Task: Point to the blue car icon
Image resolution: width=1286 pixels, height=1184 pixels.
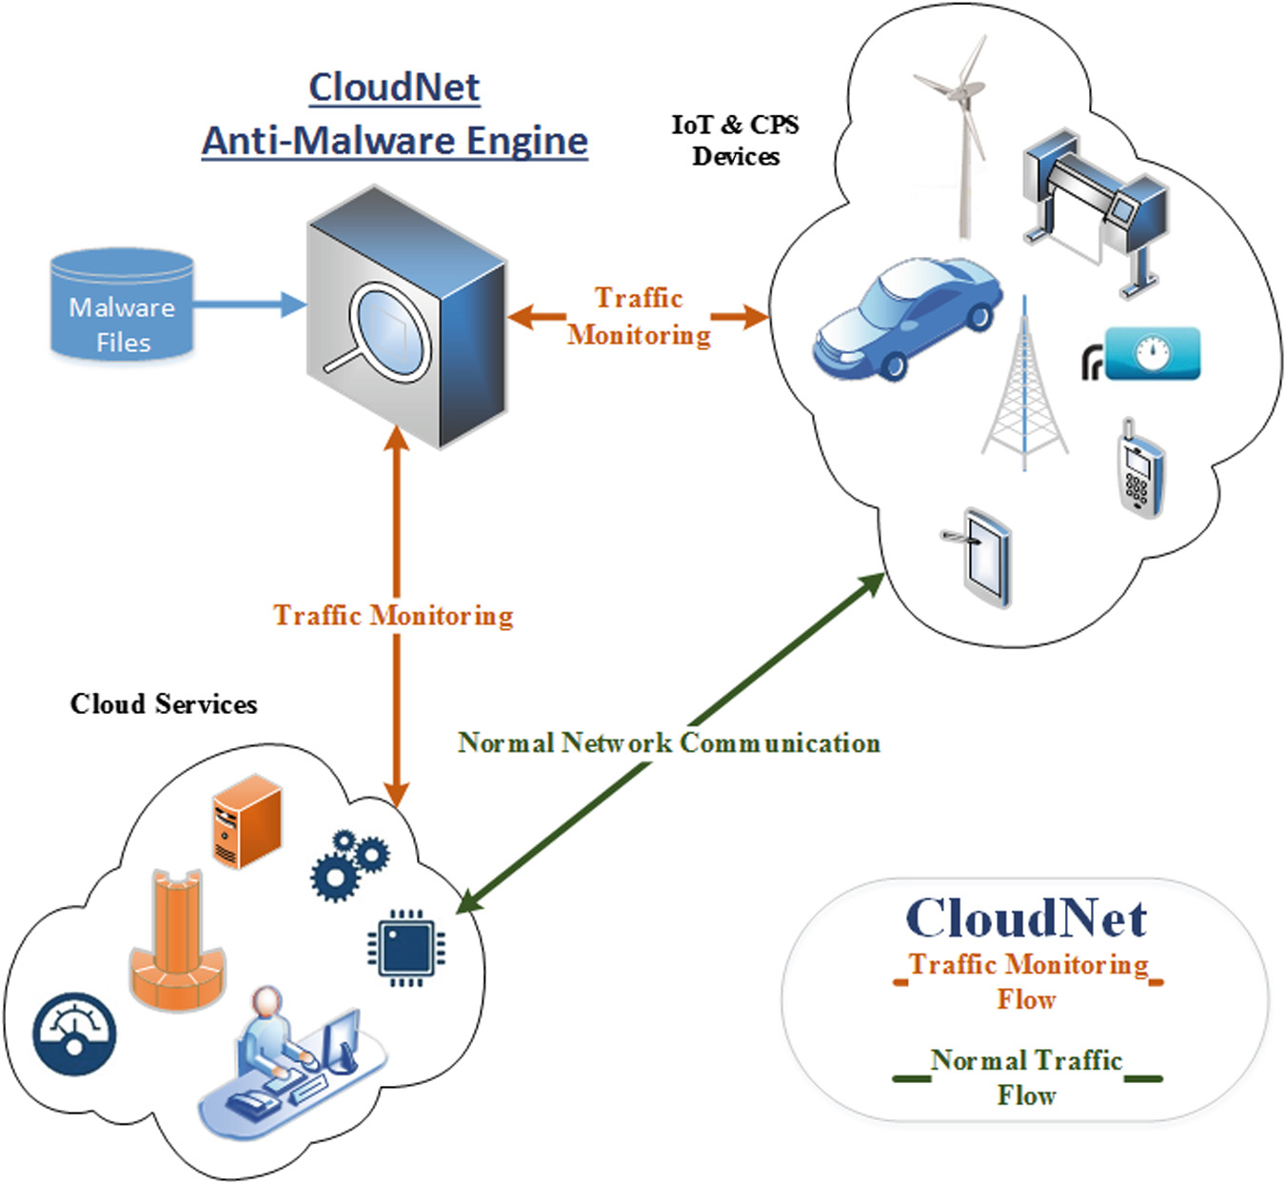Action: pos(906,318)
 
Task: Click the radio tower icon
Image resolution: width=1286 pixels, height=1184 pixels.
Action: pos(1024,390)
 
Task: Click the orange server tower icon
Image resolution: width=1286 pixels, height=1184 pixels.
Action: pos(247,820)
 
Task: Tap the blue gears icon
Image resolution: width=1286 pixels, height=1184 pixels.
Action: pos(349,864)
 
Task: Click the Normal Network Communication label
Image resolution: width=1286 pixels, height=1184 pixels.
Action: pos(668,742)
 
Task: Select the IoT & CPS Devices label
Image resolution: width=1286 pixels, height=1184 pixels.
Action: pos(735,140)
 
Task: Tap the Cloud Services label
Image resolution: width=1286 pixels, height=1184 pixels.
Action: pos(164,704)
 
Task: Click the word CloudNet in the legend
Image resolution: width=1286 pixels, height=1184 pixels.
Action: pos(1025,918)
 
